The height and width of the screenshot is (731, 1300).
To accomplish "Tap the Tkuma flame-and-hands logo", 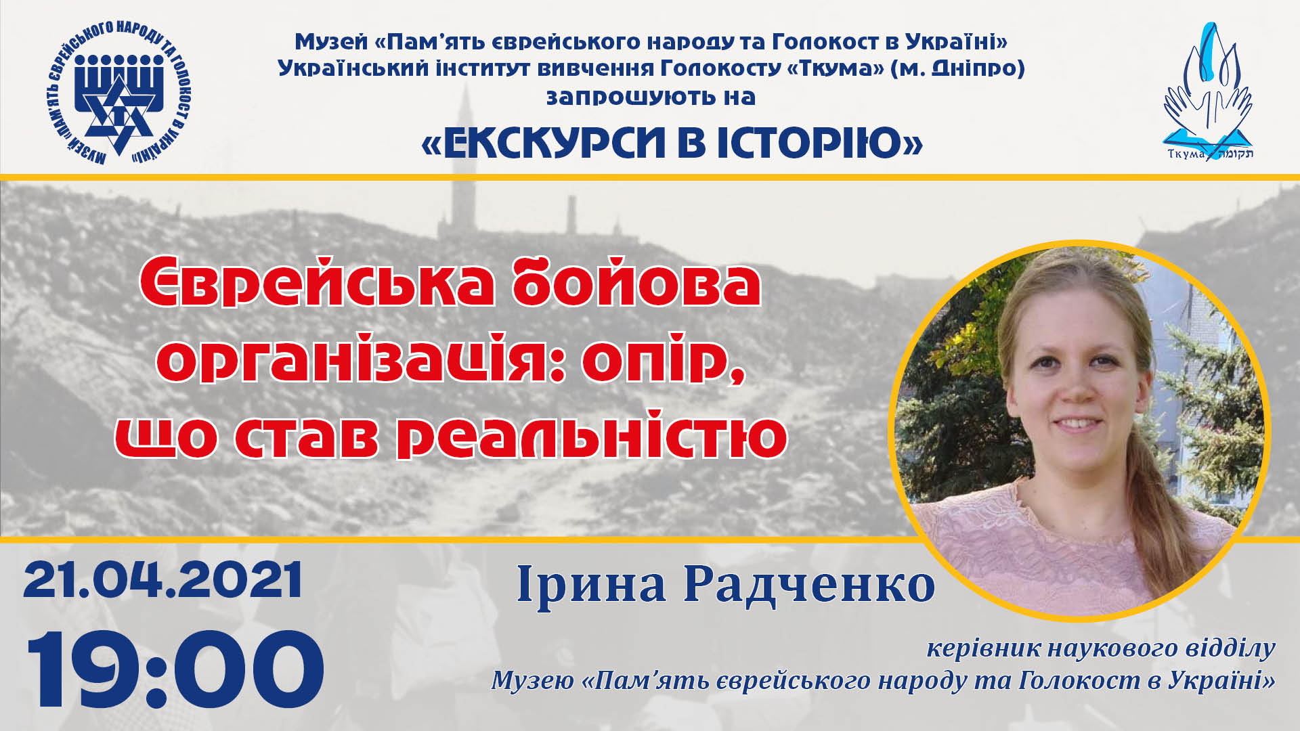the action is [1208, 91].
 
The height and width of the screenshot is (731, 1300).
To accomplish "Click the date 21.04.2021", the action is [162, 580].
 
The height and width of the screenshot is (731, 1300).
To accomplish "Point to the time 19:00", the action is [175, 669].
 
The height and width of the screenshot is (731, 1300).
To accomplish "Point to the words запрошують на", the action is [651, 97].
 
